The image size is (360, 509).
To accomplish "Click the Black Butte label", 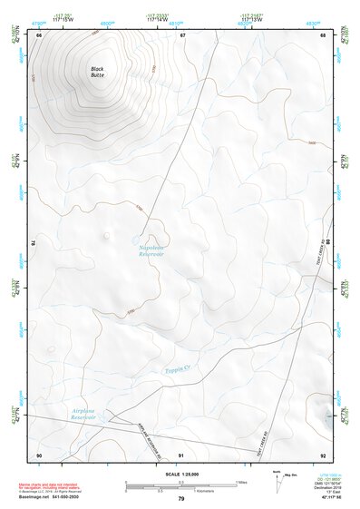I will click(x=97, y=72).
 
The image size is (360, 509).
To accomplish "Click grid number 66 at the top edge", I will click(x=39, y=34).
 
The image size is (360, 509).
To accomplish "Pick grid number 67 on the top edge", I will click(x=182, y=34).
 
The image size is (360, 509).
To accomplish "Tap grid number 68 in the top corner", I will click(x=324, y=34).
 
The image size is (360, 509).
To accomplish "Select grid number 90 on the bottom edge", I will click(x=39, y=455).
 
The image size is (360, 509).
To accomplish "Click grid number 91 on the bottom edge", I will click(x=181, y=455).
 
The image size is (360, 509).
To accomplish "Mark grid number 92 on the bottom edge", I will click(x=324, y=455).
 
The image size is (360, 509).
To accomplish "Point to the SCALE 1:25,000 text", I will click(x=180, y=475).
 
